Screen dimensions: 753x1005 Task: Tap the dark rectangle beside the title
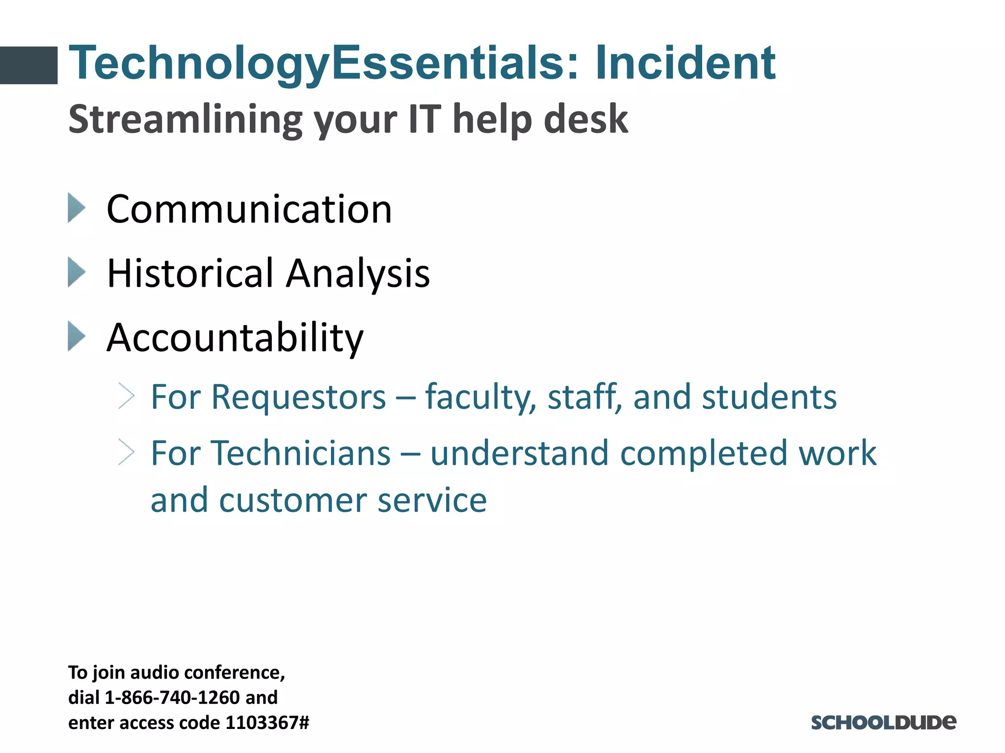(x=28, y=65)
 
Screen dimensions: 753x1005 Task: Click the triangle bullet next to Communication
(x=77, y=208)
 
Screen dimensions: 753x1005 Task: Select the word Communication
(x=249, y=209)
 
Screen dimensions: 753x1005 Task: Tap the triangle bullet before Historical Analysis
(x=77, y=272)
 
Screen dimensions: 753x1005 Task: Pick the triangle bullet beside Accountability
(x=77, y=336)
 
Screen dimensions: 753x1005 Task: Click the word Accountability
(x=235, y=338)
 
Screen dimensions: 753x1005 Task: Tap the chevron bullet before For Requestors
(x=127, y=396)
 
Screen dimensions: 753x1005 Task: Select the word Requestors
(x=298, y=397)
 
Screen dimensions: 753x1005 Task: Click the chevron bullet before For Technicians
(x=127, y=452)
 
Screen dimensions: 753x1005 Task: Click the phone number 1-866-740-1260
(x=172, y=697)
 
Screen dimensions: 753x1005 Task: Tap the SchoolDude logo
(x=883, y=723)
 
